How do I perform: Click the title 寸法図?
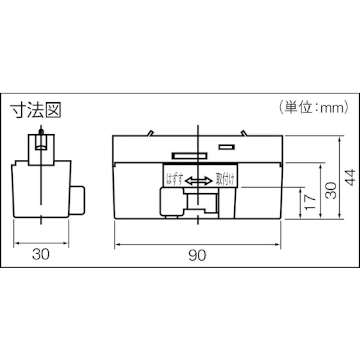pyautogui.click(x=36, y=110)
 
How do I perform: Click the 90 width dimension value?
pyautogui.click(x=198, y=255)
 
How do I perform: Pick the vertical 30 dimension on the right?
pyautogui.click(x=331, y=191)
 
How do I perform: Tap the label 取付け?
pyautogui.click(x=225, y=179)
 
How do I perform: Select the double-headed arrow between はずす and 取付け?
pyautogui.click(x=198, y=180)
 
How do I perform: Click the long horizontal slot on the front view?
pyautogui.click(x=188, y=156)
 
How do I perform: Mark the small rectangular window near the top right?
pyautogui.click(x=226, y=147)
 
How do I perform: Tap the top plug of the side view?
pyautogui.click(x=40, y=145)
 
